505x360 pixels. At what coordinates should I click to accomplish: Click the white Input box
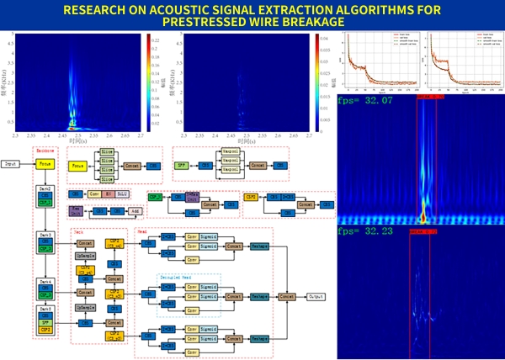[x=11, y=165]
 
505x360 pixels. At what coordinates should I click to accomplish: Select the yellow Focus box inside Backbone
[x=45, y=165]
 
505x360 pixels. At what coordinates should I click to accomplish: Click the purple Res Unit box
[x=76, y=210]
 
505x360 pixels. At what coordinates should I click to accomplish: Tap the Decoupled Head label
[x=177, y=275]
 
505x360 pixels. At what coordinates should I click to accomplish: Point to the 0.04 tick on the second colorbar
[x=316, y=37]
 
